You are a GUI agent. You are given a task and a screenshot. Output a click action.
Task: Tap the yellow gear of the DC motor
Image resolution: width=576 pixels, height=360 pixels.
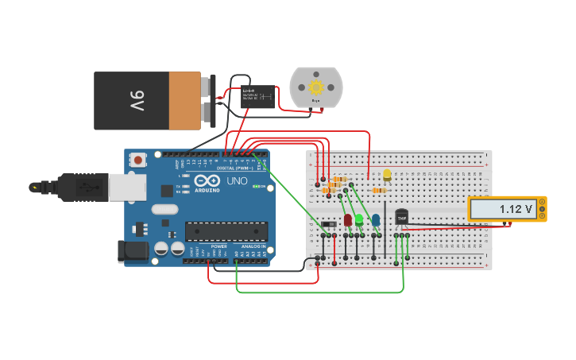tap(315, 87)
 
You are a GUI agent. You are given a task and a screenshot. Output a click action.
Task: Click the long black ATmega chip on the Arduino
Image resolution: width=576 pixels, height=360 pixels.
tap(226, 230)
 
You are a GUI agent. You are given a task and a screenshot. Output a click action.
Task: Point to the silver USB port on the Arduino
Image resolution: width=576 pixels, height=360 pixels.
tap(126, 187)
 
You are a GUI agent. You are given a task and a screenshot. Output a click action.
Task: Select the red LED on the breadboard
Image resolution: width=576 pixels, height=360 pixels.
tap(347, 219)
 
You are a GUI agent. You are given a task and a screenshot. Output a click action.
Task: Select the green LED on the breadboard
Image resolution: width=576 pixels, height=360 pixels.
tap(359, 219)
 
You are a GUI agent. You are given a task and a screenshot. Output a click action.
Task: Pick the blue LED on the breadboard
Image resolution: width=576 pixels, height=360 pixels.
tap(375, 219)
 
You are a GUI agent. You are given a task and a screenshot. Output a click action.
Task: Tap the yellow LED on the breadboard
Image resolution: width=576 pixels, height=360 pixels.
tap(387, 174)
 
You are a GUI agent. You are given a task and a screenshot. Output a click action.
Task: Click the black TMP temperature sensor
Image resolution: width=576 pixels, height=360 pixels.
tap(401, 216)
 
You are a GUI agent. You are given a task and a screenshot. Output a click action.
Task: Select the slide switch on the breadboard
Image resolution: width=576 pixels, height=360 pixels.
tap(328, 224)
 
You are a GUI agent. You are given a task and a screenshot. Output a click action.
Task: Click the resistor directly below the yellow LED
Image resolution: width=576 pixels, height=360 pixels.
tap(380, 190)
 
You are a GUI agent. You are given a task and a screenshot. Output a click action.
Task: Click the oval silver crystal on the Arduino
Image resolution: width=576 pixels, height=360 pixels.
tap(164, 210)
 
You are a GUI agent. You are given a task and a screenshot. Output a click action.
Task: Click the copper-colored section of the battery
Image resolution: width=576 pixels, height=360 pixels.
tap(184, 101)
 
